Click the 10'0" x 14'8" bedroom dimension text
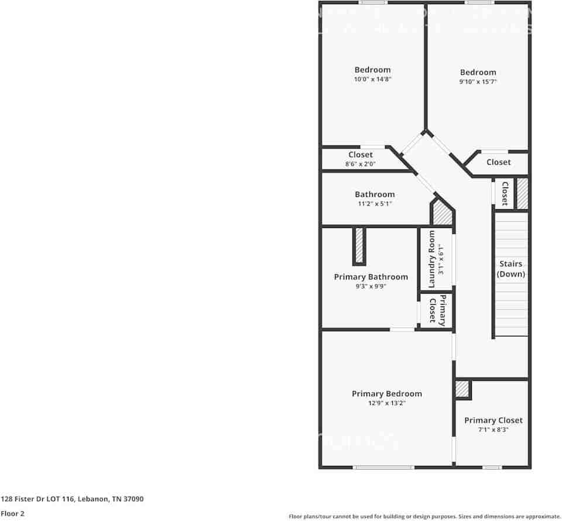(372, 79)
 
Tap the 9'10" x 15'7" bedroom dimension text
(478, 82)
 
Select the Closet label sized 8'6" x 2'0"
(361, 155)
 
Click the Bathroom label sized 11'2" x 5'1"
(375, 195)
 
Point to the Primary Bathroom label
(371, 277)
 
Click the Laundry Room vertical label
(432, 259)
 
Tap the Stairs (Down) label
(510, 269)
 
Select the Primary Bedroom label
(386, 394)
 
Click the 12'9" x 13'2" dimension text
(386, 403)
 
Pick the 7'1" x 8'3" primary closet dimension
(493, 430)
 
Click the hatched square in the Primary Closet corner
(462, 389)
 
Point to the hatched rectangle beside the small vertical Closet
(522, 193)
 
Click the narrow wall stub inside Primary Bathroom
(359, 246)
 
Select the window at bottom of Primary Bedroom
(383, 467)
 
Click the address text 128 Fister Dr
(72, 499)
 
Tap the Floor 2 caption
(13, 513)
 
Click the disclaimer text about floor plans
(424, 516)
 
